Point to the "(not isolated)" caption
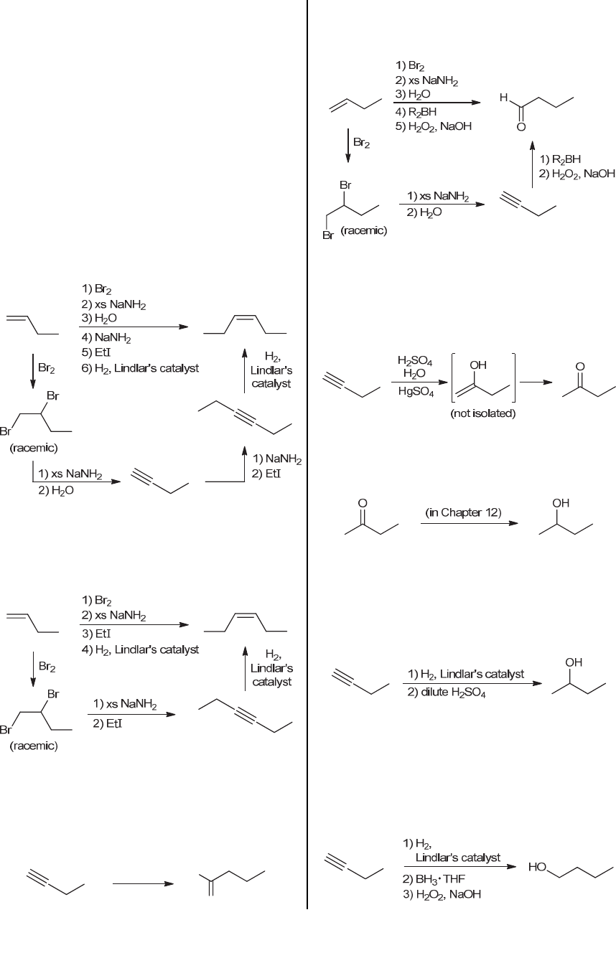482,414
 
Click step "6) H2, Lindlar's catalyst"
140,368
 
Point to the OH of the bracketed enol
477,366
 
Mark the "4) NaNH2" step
106,337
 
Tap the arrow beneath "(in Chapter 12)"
468,523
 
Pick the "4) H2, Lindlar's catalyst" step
139,649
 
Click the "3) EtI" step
95,634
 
